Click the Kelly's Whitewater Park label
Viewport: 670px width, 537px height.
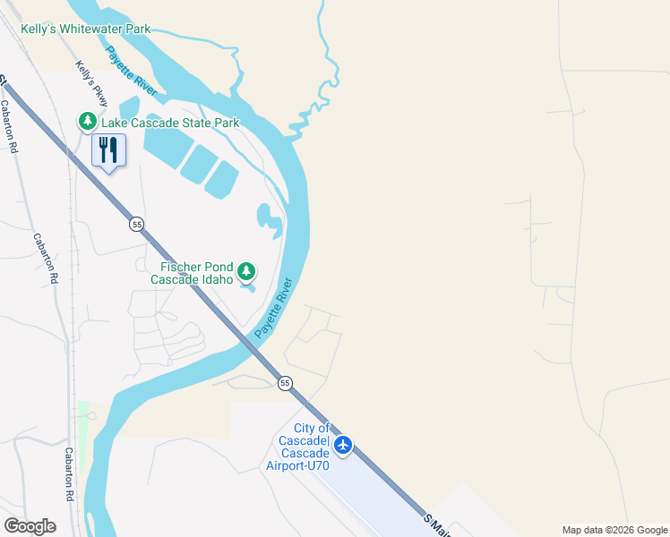coord(86,29)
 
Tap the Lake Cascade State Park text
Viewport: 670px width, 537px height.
coord(170,123)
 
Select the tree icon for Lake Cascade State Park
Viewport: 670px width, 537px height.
coord(87,121)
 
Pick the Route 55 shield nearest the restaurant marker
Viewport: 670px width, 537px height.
coord(135,223)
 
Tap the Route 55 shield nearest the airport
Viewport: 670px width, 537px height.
coord(285,383)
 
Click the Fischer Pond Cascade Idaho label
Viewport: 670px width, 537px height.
coord(197,273)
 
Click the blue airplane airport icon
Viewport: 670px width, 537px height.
coord(343,445)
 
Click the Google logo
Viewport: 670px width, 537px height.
coord(30,526)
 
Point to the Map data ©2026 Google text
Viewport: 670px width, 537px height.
coord(615,530)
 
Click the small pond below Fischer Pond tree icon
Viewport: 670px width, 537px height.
coord(247,287)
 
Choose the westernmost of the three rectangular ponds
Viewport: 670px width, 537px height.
coord(166,142)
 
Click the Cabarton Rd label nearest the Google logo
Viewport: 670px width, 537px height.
coord(68,474)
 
